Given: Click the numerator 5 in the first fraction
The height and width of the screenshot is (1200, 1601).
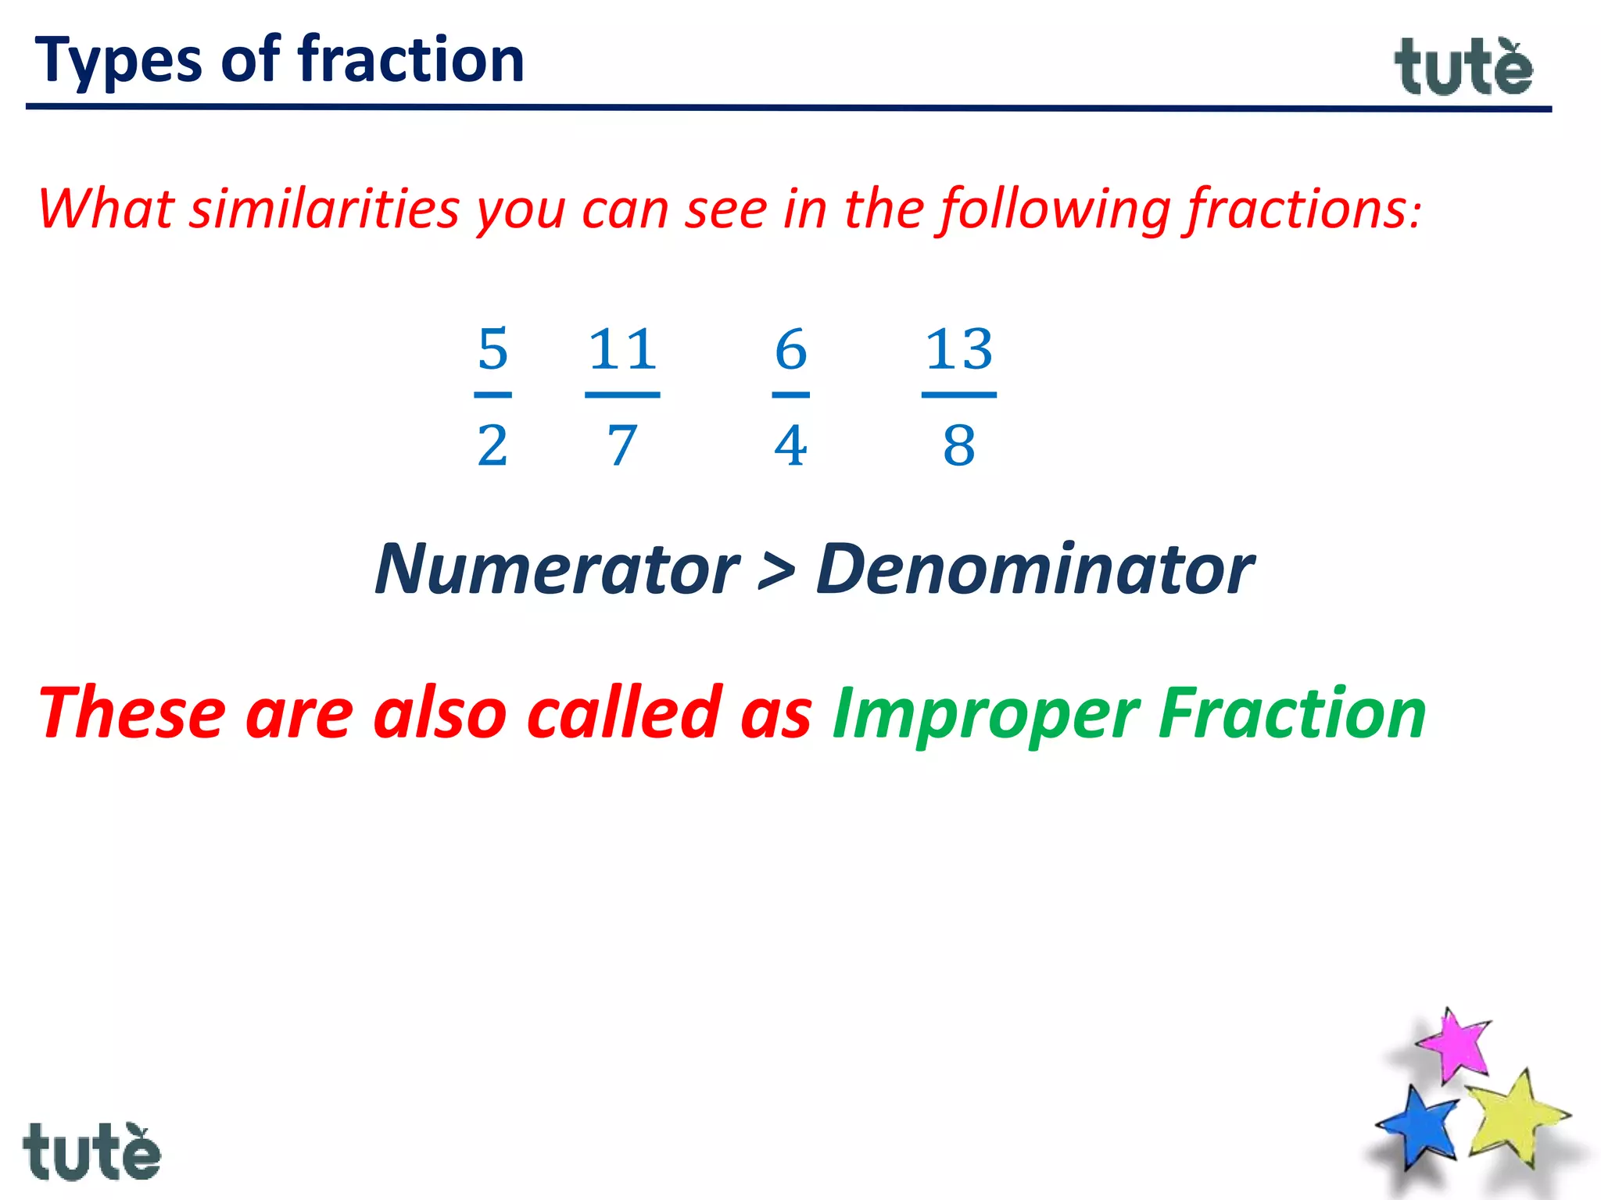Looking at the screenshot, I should (x=492, y=349).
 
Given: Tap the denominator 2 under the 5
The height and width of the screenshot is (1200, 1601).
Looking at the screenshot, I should (x=492, y=446).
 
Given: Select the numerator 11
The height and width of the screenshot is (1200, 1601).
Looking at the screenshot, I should (x=622, y=349).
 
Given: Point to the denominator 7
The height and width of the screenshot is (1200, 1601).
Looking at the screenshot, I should (x=622, y=446).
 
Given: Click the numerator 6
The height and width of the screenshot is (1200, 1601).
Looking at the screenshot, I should (x=790, y=349).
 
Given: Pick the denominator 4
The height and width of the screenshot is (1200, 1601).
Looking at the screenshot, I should (x=790, y=446).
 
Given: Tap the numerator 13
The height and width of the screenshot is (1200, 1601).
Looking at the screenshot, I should (x=959, y=349).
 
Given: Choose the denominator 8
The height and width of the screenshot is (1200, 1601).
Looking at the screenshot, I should (x=959, y=446).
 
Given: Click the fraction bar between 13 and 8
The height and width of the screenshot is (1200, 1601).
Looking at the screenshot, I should (x=959, y=395).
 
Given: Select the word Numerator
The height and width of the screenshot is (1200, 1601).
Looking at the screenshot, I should (x=557, y=570).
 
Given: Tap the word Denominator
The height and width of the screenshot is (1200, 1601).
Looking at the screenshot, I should (x=1034, y=570).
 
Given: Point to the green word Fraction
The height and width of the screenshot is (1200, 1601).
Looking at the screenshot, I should (x=1292, y=712).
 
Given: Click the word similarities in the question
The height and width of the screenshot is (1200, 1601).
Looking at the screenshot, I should (x=324, y=209).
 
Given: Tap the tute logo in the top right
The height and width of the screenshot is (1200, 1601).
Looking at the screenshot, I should (x=1463, y=68).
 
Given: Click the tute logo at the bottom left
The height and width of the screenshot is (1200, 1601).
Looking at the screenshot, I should (x=91, y=1152).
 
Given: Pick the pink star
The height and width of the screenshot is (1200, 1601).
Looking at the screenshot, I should (x=1454, y=1045).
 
